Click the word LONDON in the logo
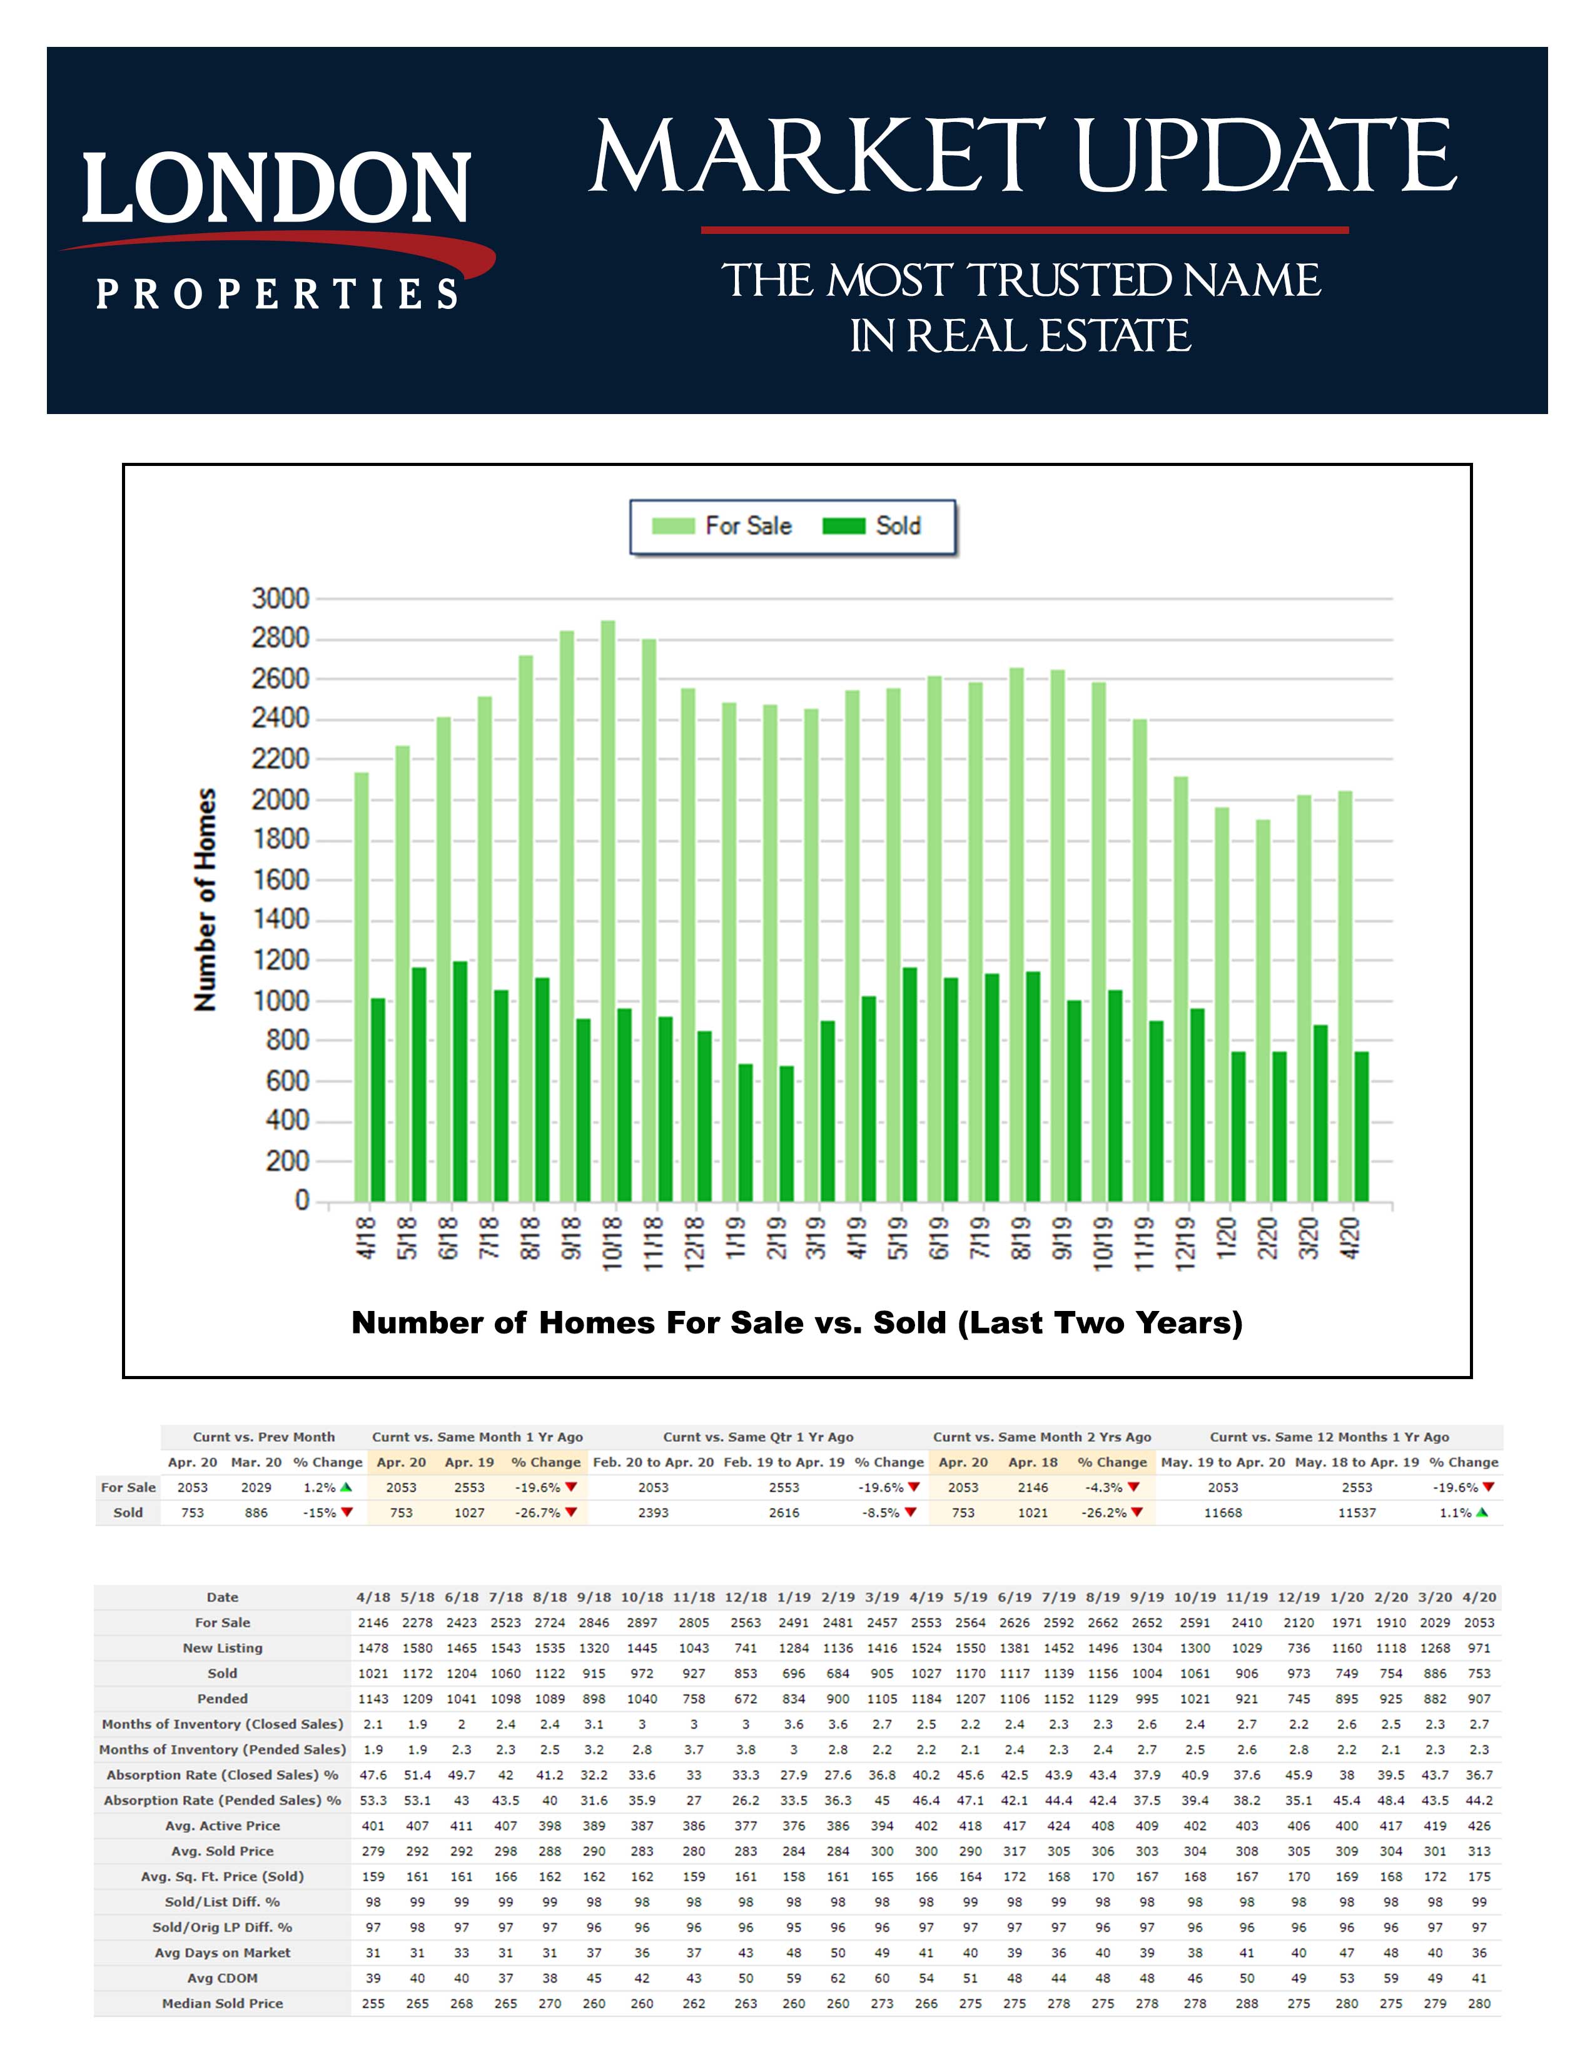click(x=276, y=188)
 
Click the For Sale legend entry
click(x=723, y=527)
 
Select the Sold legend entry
click(x=871, y=527)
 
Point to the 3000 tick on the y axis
click(x=281, y=598)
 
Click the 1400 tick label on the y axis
click(x=281, y=919)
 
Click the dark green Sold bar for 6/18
click(x=459, y=1082)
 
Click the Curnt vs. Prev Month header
click(x=263, y=1437)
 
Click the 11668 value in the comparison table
click(x=1223, y=1513)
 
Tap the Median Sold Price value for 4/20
click(x=1479, y=2003)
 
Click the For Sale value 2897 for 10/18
click(x=642, y=1622)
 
